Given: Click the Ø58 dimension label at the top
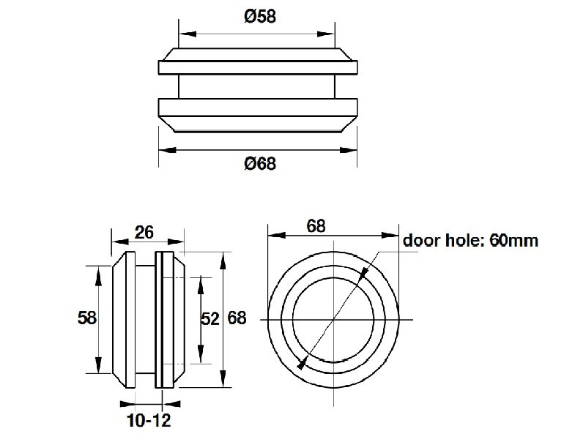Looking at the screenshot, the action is pyautogui.click(x=260, y=16).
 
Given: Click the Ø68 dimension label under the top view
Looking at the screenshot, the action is pyautogui.click(x=260, y=164).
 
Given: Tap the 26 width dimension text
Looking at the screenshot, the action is pyautogui.click(x=144, y=232).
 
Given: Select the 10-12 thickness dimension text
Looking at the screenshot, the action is pyautogui.click(x=149, y=421).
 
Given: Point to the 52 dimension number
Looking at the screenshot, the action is pyautogui.click(x=210, y=319).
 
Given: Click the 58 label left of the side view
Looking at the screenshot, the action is pyautogui.click(x=87, y=318).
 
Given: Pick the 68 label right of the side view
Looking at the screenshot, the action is pyautogui.click(x=237, y=318).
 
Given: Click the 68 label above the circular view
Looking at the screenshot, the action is pyautogui.click(x=316, y=226).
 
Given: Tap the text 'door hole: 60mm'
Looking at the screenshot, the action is pyautogui.click(x=470, y=241).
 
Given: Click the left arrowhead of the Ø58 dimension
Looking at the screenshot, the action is pyautogui.click(x=188, y=34).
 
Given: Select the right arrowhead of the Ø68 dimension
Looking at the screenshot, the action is pyautogui.click(x=349, y=150).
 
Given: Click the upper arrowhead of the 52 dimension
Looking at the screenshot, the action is pyautogui.click(x=201, y=285).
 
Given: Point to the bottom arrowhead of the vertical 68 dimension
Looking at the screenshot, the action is pyautogui.click(x=223, y=378).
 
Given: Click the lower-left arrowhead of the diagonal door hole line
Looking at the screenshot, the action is pyautogui.click(x=303, y=362).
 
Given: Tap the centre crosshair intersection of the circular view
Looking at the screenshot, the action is pyautogui.click(x=333, y=320).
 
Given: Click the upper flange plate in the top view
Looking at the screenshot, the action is pyautogui.click(x=258, y=67).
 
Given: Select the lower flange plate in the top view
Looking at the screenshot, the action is pyautogui.click(x=258, y=107).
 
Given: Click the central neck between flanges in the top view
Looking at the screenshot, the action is pyautogui.click(x=257, y=86).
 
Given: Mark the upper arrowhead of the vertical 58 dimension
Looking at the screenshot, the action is pyautogui.click(x=99, y=274).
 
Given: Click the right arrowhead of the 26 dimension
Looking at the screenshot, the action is pyautogui.click(x=176, y=242).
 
